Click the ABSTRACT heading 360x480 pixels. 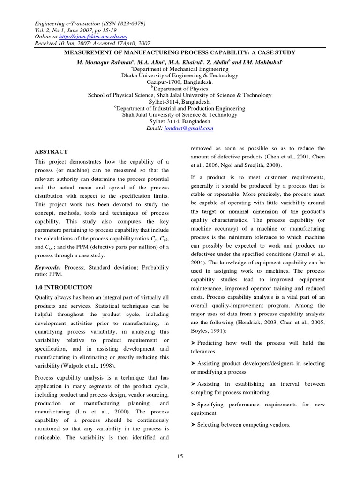[52, 152]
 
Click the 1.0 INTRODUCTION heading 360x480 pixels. [64, 287]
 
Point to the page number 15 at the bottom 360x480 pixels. [180, 457]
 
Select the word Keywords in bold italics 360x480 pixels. [50, 267]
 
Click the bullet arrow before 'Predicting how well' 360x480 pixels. [193, 343]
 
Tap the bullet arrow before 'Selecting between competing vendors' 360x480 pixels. [193, 425]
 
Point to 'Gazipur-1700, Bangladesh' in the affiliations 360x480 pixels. [180, 82]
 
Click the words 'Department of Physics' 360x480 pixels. [181, 89]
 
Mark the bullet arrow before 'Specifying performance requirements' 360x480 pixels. [193, 405]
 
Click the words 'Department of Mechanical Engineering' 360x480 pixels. [181, 68]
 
